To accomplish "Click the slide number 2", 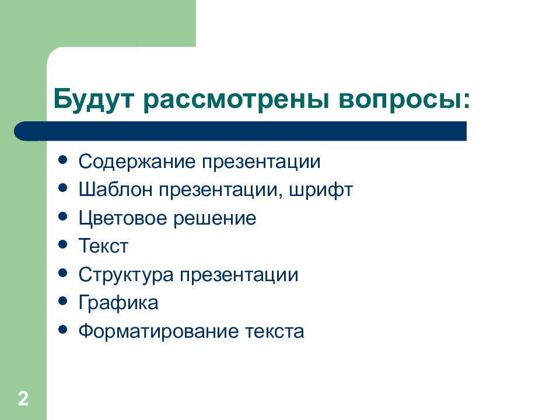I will (x=23, y=399).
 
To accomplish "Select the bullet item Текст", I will (x=103, y=246).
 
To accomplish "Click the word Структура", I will (x=126, y=275).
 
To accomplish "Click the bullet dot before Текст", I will (x=63, y=245).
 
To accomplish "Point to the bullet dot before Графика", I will (x=63, y=302).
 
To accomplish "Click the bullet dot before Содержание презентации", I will (x=63, y=160).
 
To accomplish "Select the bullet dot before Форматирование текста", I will (x=63, y=330).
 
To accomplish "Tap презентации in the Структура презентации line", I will (x=239, y=275).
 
